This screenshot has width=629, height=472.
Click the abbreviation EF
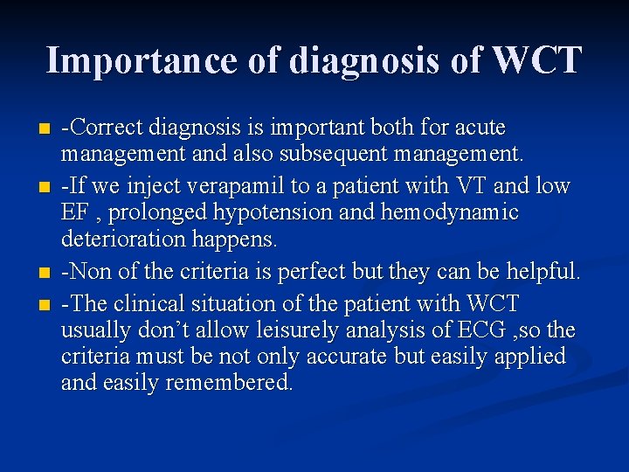[74, 212]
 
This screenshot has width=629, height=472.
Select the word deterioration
[118, 239]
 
